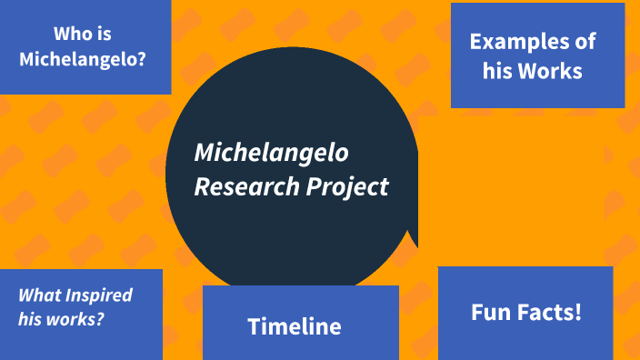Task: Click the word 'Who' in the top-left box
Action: [x=71, y=35]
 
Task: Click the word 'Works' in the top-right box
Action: [x=550, y=70]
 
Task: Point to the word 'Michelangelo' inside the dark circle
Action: [x=271, y=152]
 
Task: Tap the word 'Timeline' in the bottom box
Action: [x=295, y=326]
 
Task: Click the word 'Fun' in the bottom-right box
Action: [x=491, y=313]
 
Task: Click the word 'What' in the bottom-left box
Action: [x=40, y=295]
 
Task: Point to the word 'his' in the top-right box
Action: [x=495, y=70]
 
